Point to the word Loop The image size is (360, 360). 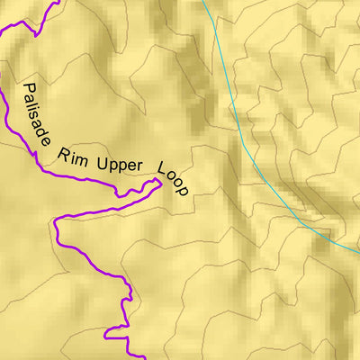173,178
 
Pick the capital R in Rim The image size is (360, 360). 63,151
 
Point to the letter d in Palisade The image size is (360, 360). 45,128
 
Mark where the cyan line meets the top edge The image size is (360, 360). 203,2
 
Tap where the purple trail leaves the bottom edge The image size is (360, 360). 144,357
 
